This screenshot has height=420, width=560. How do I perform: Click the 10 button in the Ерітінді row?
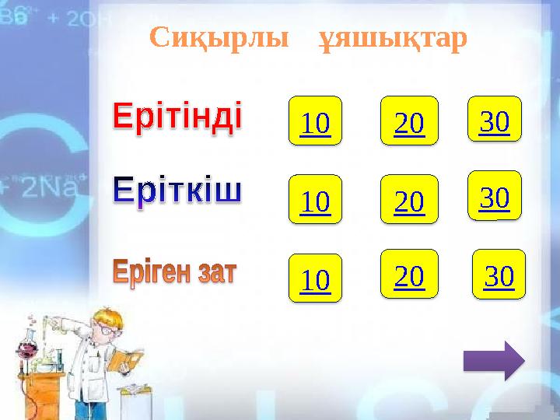point(315,121)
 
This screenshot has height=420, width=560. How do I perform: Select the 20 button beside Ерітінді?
point(409,121)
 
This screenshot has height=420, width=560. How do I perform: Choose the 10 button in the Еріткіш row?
point(315,200)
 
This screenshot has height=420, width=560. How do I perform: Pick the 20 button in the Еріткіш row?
point(409,200)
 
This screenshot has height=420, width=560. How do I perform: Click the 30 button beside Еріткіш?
point(494,196)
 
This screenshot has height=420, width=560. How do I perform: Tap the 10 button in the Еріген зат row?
point(315,278)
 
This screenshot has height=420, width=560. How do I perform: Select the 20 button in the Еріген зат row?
point(409,274)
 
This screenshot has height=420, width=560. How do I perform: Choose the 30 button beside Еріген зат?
point(499,274)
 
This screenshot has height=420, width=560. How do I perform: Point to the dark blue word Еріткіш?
point(178,190)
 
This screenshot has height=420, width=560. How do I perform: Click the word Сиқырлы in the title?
point(215,37)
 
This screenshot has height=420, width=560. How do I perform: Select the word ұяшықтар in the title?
point(394,37)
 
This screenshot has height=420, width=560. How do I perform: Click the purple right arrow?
point(493,361)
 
